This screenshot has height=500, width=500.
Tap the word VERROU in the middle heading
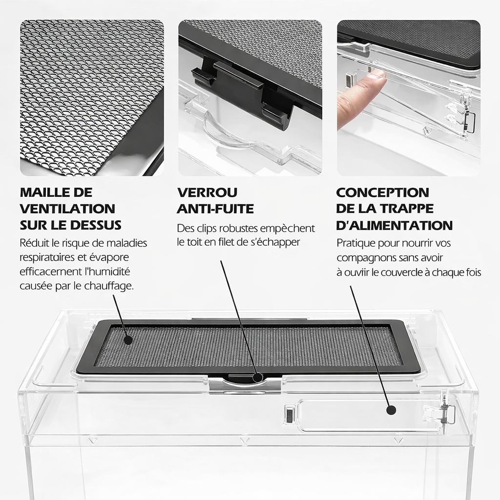[207, 192]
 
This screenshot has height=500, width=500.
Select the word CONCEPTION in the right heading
[383, 192]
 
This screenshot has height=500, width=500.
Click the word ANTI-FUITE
[215, 209]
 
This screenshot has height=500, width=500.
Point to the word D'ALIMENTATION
[395, 226]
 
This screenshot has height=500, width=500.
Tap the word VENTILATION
[67, 209]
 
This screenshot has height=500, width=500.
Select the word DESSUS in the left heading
[97, 226]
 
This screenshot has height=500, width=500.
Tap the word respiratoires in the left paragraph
[48, 258]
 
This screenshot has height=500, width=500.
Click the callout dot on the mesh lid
[128, 340]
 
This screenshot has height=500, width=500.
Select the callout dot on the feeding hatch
[391, 410]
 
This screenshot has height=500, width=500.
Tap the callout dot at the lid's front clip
[258, 377]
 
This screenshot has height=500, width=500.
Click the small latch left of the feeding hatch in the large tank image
[289, 414]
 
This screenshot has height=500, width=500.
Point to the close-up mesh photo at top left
[92, 98]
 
